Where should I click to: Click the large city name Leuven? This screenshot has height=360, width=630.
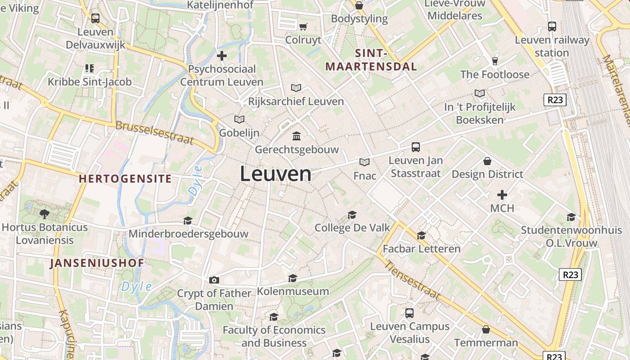coord(275,174)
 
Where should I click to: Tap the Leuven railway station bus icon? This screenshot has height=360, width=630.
coord(552,27)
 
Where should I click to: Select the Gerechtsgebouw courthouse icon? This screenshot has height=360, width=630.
coord(297,135)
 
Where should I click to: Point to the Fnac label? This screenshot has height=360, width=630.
coord(364,175)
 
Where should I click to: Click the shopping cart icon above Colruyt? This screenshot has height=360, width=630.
coord(303,27)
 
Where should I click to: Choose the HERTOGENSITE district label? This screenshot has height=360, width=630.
coord(125,179)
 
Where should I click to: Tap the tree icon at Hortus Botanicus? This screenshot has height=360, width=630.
coord(44,214)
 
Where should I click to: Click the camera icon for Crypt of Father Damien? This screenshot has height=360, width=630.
coord(214,280)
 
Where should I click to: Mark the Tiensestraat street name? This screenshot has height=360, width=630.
coord(412,281)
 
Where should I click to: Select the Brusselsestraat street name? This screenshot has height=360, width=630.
coord(154,133)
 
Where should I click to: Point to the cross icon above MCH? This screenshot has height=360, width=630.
coord(502,195)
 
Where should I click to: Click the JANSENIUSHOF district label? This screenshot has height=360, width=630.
coord(97,263)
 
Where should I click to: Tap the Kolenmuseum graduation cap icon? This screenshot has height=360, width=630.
coord(292,278)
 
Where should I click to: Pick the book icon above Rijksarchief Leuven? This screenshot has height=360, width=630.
coord(296,88)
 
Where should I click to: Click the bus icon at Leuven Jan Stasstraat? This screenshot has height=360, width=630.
coord(416,147)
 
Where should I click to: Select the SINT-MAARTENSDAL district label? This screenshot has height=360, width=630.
coord(371,60)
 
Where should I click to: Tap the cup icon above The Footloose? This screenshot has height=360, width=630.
coord(495,61)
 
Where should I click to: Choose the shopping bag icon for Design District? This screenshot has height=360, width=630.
coord(487,161)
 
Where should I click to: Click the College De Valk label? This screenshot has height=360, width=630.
coord(352,228)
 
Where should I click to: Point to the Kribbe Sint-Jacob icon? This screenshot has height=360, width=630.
coord(90,68)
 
